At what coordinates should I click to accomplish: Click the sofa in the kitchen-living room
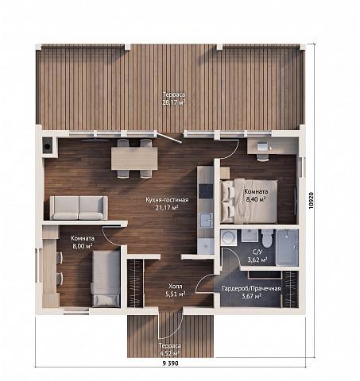(79, 208)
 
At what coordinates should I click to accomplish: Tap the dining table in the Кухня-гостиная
(134, 158)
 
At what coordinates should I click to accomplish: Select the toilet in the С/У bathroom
(267, 238)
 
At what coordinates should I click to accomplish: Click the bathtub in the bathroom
(287, 248)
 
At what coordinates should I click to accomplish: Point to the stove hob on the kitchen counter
(206, 191)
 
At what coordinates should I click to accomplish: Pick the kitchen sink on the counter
(207, 221)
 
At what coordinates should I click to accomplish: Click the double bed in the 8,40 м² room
(250, 202)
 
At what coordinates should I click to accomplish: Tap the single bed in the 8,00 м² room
(106, 279)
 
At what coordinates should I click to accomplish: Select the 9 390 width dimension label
(169, 364)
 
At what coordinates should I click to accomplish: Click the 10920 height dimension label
(311, 201)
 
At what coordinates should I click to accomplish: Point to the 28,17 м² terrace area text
(174, 102)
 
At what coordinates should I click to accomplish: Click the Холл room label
(176, 287)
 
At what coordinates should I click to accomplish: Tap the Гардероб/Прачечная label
(251, 288)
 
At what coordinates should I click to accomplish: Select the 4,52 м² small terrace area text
(169, 353)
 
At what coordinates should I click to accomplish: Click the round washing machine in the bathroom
(229, 237)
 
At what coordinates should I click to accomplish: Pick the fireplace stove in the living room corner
(48, 146)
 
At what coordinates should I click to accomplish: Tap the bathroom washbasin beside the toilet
(250, 236)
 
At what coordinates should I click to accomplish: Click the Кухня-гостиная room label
(167, 200)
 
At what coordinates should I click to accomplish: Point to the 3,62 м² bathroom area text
(257, 260)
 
